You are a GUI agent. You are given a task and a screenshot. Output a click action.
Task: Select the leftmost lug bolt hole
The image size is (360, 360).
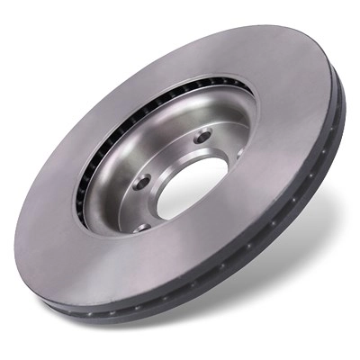(140, 182)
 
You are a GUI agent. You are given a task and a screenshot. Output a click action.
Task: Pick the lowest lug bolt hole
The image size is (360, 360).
(142, 226)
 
